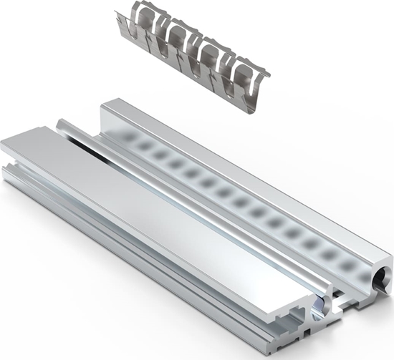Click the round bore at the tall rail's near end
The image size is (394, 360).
(x=379, y=276)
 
